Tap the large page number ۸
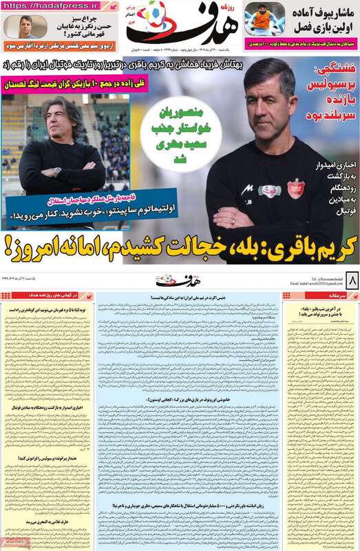350,281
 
